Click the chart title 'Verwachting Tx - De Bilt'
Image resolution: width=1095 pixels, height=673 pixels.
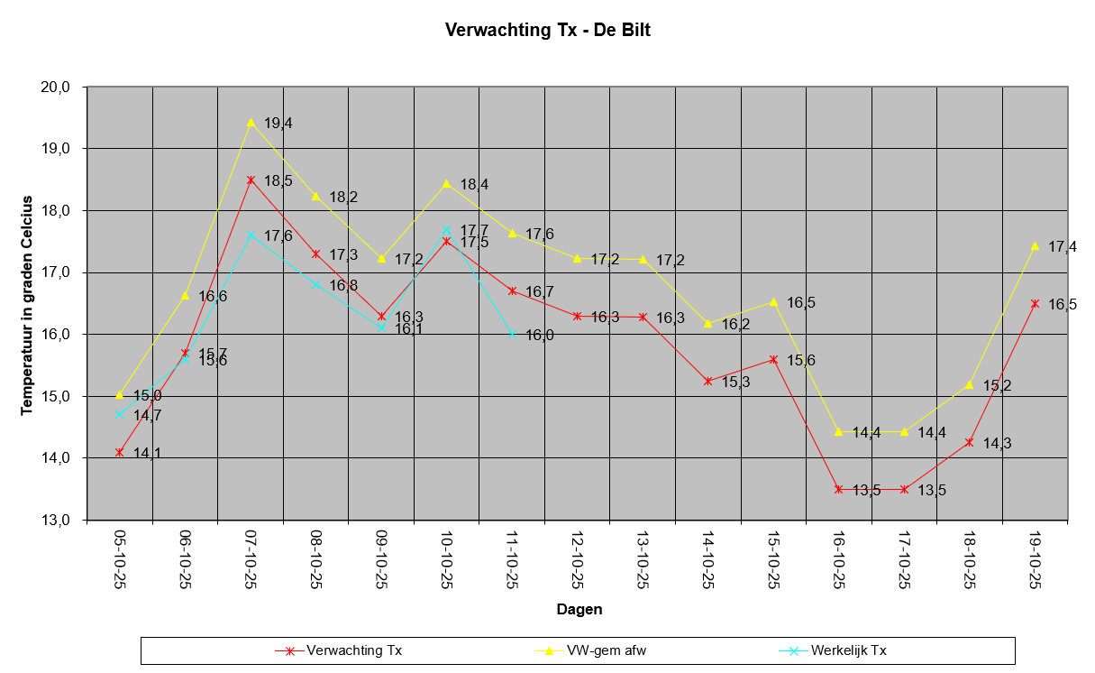click(x=548, y=30)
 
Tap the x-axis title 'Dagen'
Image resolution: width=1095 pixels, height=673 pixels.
click(x=579, y=609)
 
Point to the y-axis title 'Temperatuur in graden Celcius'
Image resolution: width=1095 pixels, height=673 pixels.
click(x=26, y=306)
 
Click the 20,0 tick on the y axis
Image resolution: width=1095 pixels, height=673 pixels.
click(x=55, y=88)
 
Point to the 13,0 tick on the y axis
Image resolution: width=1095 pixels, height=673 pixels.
click(x=55, y=520)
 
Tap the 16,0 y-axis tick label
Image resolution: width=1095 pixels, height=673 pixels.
click(x=55, y=335)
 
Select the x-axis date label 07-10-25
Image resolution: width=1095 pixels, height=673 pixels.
click(x=251, y=559)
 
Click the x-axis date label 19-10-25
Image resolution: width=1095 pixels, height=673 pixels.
click(x=1035, y=559)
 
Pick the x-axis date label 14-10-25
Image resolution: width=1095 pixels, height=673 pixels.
click(x=707, y=559)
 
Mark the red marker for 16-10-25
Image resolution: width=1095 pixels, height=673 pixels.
click(x=839, y=489)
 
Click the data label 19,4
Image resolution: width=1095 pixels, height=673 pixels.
click(x=278, y=124)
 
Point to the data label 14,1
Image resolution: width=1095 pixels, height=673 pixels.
click(x=147, y=453)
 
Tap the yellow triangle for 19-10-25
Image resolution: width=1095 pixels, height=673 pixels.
click(x=1035, y=245)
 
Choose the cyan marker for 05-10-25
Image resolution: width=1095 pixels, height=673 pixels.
click(x=119, y=415)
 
